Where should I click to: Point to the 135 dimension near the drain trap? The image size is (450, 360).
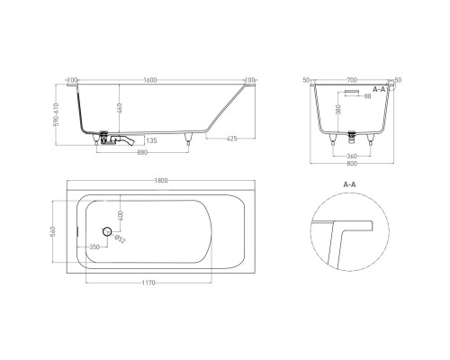[x=151, y=140]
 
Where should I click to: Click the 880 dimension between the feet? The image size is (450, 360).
[x=143, y=151]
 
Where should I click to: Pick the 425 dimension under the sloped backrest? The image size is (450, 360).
[x=233, y=139]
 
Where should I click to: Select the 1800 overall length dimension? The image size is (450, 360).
[x=160, y=183]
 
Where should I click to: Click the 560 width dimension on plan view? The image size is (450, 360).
[x=55, y=232]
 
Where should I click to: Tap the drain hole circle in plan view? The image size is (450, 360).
[x=106, y=232]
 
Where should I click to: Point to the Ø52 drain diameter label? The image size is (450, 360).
[x=121, y=239]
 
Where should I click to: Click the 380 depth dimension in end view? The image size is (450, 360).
[x=337, y=112]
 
